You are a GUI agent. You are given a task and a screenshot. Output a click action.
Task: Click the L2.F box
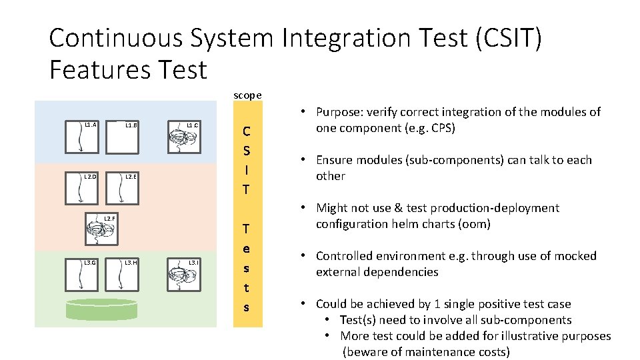102,231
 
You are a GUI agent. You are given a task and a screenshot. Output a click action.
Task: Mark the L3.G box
81,275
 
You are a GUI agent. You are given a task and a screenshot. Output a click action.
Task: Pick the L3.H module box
122,275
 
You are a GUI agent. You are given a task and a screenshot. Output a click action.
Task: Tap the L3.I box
183,275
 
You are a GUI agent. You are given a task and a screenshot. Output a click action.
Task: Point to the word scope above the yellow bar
247,95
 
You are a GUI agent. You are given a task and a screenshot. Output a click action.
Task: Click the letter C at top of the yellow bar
247,131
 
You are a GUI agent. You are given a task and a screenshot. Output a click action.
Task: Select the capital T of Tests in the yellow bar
247,229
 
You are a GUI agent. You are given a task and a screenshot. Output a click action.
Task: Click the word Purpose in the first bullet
341,112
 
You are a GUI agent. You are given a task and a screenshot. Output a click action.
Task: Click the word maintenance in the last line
423,352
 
